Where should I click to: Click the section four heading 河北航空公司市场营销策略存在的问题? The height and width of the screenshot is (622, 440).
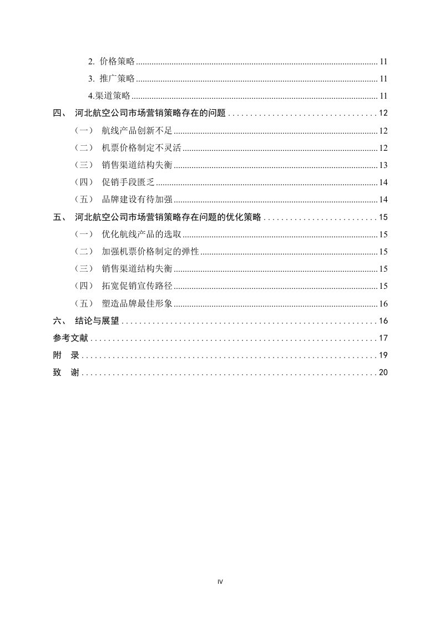point(150,113)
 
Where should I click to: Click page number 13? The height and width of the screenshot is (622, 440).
point(383,165)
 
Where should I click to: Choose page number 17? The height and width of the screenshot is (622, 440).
point(383,338)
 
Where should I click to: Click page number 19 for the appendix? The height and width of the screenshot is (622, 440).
point(383,355)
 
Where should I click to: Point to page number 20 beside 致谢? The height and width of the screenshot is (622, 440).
point(383,373)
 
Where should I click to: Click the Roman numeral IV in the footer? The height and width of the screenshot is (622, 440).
point(220,582)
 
